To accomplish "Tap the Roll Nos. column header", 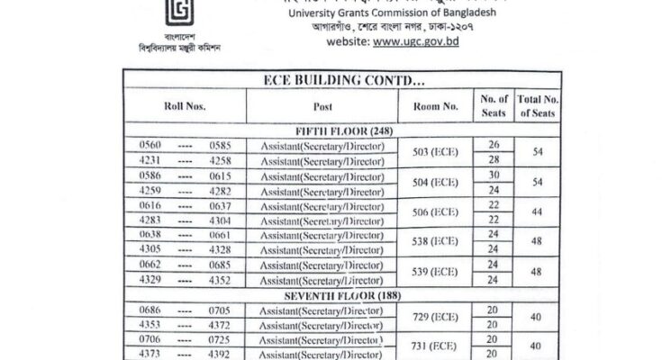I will [185, 105].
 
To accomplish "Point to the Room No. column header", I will [435, 105].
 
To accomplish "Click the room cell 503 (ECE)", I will [435, 152].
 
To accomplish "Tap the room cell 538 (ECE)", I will [435, 242].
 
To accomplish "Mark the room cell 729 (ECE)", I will [435, 316].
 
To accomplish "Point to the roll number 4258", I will [221, 160].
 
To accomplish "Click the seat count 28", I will [493, 160].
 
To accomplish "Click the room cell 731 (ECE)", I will [435, 346].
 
